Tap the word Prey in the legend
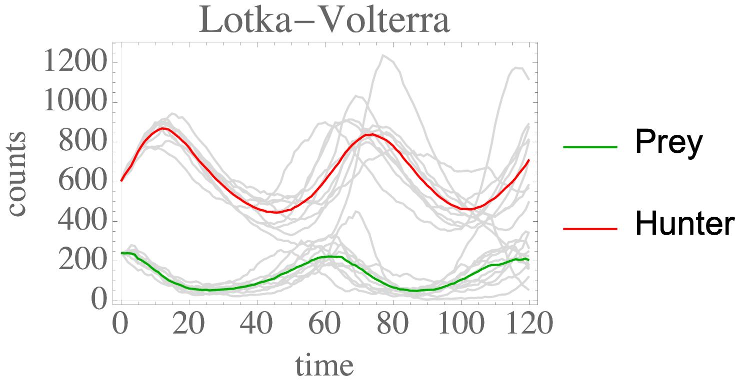(668, 143)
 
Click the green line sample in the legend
(590, 147)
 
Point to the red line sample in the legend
(590, 228)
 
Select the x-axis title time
(324, 366)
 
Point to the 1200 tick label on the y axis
(75, 63)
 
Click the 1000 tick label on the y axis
(75, 102)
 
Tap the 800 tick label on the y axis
(83, 142)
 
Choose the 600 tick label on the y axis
(83, 181)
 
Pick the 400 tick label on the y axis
(83, 221)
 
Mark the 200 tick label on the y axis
(83, 260)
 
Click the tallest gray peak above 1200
(383, 55)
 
